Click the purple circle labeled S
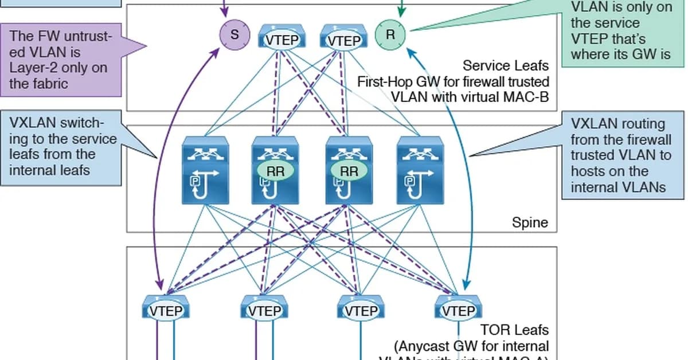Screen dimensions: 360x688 234,34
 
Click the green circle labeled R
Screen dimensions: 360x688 390,34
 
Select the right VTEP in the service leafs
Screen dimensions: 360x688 342,38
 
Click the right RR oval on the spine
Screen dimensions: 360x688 349,171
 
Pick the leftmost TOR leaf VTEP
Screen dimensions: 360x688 166,309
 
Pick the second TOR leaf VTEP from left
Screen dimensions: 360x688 263,309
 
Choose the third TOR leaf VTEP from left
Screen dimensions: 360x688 361,309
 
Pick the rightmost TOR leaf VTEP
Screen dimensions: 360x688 458,309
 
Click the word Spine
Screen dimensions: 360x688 530,222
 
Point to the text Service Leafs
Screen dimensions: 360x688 506,66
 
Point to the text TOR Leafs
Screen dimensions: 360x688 515,330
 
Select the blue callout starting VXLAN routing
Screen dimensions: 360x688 623,155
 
